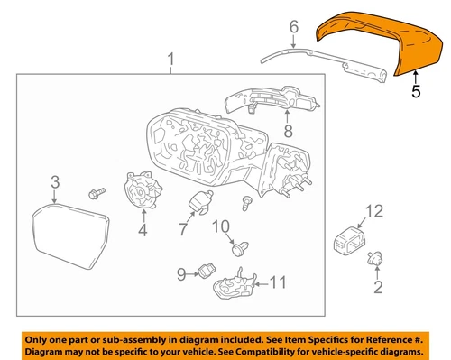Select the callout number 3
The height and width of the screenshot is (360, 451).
(x=54, y=183)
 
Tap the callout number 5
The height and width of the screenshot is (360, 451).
(x=416, y=91)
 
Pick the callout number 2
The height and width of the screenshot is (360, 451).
(x=378, y=288)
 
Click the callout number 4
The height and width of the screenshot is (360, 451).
(x=141, y=231)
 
